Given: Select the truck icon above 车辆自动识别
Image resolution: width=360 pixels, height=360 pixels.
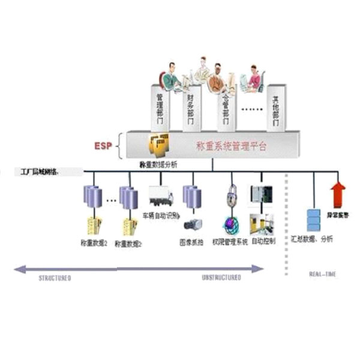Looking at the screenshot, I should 161,196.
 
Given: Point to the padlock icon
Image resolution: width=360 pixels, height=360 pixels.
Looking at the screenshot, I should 233,196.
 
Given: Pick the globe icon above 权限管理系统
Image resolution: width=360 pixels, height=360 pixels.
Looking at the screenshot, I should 232,224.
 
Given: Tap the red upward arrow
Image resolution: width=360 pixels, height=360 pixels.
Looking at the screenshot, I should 338,194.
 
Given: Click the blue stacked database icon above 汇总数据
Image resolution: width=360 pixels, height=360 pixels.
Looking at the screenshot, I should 313,220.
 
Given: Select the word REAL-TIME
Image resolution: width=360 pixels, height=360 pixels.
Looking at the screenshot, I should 323,274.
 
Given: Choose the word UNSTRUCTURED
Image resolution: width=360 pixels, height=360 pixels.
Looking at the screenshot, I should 221,278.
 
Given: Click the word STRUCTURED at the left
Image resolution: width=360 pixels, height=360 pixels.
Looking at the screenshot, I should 55,278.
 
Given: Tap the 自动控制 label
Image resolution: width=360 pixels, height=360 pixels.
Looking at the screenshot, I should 263,241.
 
